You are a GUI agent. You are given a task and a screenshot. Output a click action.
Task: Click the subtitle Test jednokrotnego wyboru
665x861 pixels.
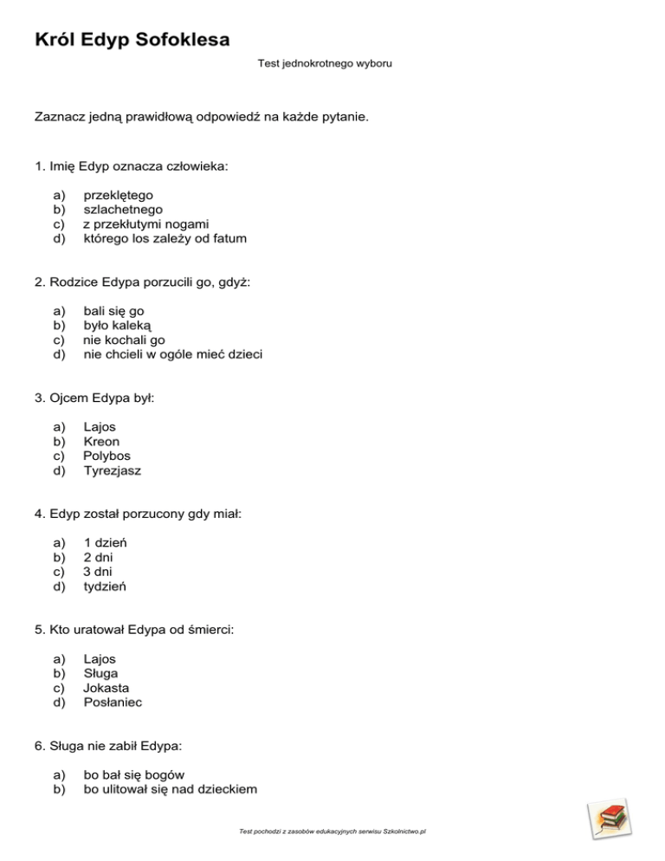[x=325, y=63]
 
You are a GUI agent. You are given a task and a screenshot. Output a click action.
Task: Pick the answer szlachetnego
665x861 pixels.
[x=122, y=209]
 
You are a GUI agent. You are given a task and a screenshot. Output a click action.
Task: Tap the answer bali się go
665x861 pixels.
[x=119, y=311]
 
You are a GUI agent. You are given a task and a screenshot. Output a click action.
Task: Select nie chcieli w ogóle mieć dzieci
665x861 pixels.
[x=173, y=353]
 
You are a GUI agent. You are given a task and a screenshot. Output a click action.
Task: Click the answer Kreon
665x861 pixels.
[x=101, y=441]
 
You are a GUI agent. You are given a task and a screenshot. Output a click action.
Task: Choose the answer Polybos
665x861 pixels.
[x=107, y=456]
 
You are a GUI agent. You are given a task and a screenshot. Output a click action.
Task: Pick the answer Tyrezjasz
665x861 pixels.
[x=112, y=470]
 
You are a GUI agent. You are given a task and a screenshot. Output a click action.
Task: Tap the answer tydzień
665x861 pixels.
[x=106, y=586]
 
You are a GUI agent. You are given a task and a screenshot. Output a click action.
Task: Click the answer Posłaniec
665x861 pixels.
[x=112, y=702]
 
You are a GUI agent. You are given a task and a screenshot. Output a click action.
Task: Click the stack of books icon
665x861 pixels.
[x=610, y=818]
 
